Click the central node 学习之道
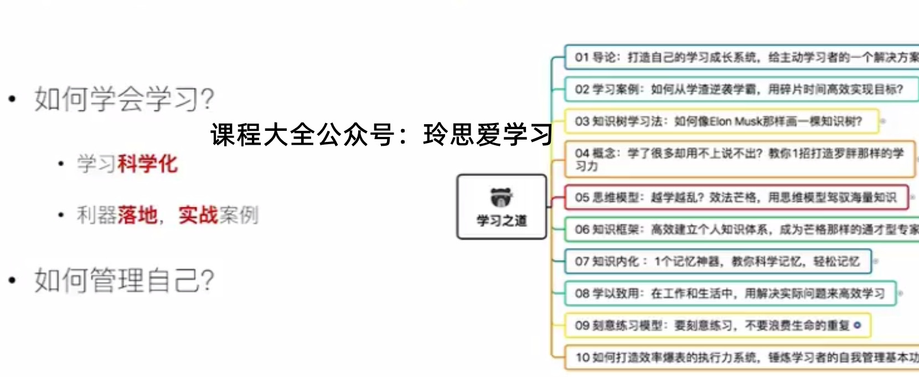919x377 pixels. pyautogui.click(x=502, y=207)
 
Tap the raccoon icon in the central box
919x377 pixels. pyautogui.click(x=502, y=197)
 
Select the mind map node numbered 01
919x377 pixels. pyautogui.click(x=742, y=57)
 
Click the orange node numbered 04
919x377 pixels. pyautogui.click(x=739, y=159)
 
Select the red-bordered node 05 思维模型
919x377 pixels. pyautogui.click(x=736, y=197)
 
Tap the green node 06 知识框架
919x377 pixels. pyautogui.click(x=742, y=230)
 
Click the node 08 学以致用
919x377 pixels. pyautogui.click(x=730, y=293)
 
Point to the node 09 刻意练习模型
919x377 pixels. pyautogui.click(x=717, y=325)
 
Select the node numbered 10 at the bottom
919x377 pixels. pyautogui.click(x=742, y=358)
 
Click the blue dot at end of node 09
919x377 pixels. pyautogui.click(x=858, y=325)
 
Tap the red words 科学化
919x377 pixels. pyautogui.click(x=147, y=164)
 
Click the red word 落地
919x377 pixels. pyautogui.click(x=137, y=215)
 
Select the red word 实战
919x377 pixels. pyautogui.click(x=198, y=215)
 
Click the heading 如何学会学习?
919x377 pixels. pyautogui.click(x=124, y=99)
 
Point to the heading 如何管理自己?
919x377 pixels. pyautogui.click(x=124, y=280)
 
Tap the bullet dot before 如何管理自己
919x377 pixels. pyautogui.click(x=12, y=280)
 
